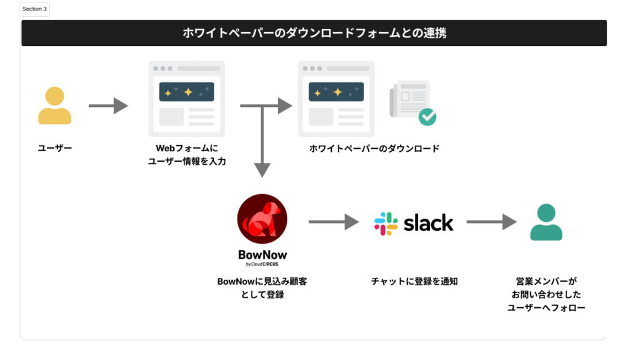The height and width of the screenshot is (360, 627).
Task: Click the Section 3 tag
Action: (34, 9)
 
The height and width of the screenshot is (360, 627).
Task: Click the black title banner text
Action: (314, 33)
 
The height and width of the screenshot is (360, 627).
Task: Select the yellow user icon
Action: (54, 106)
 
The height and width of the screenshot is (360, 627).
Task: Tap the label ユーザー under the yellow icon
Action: (54, 148)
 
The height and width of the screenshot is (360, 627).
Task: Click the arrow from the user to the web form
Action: (108, 106)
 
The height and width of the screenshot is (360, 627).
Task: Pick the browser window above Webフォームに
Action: (186, 99)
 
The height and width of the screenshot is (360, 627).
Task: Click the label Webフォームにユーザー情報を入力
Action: (187, 155)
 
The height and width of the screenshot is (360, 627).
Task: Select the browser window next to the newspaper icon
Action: (336, 99)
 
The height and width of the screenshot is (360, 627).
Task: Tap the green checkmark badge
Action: (427, 117)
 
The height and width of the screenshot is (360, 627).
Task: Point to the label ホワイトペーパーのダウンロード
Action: (374, 148)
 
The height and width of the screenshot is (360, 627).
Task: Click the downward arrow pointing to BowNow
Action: (262, 147)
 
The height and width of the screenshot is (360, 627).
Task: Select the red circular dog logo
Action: (262, 219)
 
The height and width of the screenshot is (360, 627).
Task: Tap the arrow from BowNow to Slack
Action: (333, 222)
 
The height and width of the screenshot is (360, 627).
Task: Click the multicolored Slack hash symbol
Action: (386, 223)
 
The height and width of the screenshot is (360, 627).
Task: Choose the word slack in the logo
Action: (428, 223)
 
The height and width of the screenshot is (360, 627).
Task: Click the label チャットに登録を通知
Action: (414, 282)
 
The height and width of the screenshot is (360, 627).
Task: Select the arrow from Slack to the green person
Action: (491, 222)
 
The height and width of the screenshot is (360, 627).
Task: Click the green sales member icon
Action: (546, 222)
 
